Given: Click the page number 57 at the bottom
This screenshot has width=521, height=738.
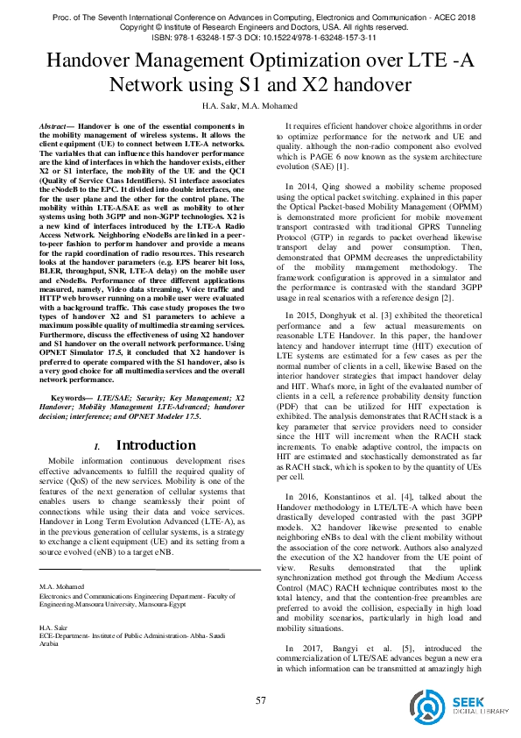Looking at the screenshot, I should click(x=260, y=700).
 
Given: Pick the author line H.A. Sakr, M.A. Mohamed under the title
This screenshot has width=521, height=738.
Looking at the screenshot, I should click(x=259, y=106).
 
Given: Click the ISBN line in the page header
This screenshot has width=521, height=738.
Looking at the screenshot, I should click(x=260, y=37).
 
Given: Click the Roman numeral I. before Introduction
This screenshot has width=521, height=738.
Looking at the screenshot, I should click(x=105, y=447).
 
